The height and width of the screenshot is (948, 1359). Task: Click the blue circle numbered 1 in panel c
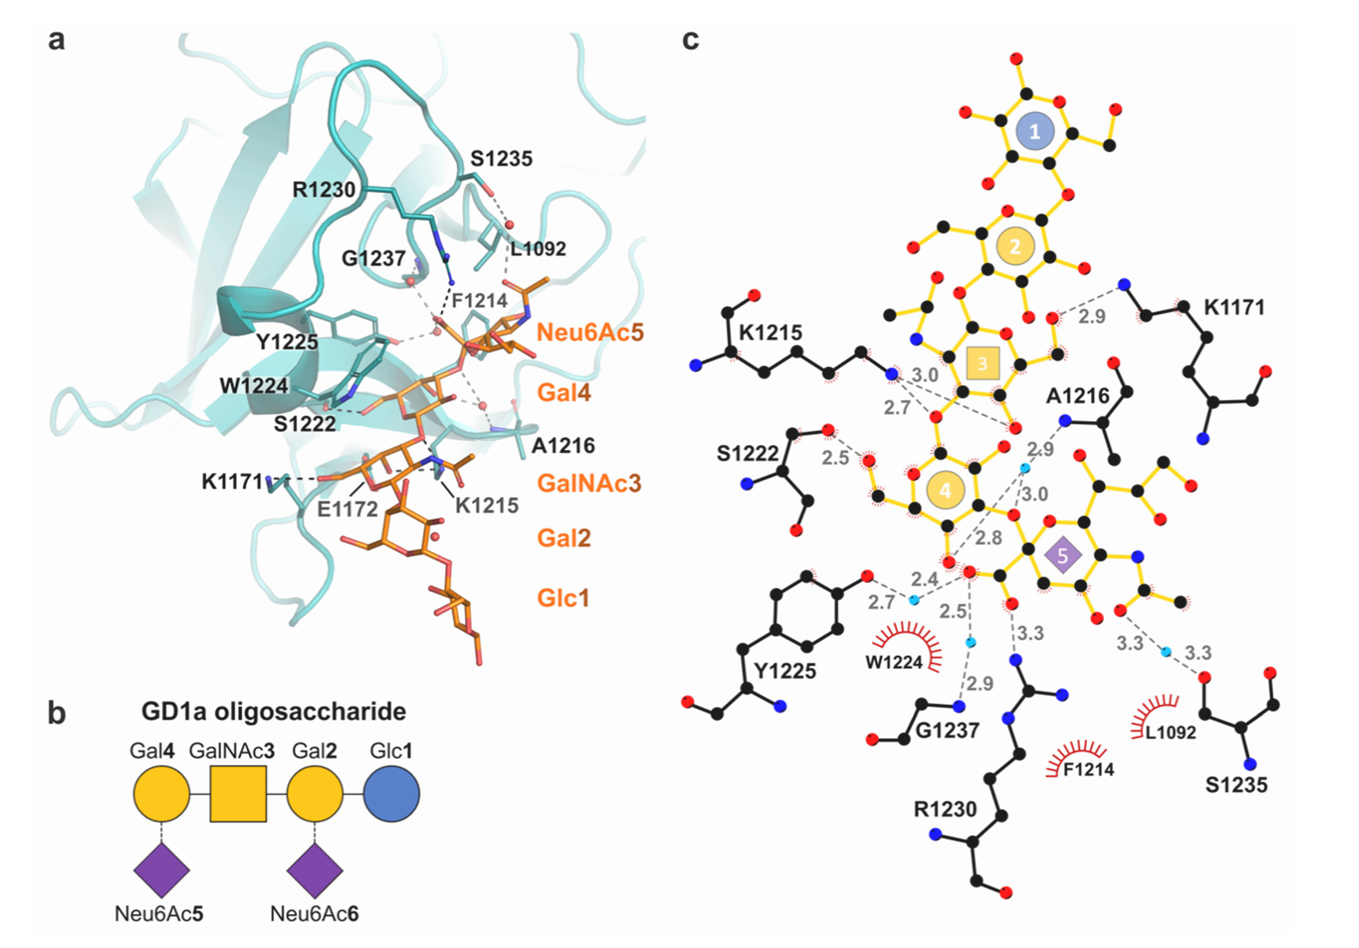(1034, 131)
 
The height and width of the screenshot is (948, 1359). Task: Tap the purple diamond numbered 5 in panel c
(1062, 555)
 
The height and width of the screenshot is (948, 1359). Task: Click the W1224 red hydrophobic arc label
(894, 662)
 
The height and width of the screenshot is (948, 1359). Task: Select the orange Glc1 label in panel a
(563, 598)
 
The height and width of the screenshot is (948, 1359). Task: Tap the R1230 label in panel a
(324, 190)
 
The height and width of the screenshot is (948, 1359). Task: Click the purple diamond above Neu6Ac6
(314, 870)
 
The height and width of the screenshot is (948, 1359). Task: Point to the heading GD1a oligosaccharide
(274, 711)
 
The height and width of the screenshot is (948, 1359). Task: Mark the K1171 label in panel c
(1234, 307)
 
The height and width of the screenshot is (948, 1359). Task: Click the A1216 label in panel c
(1077, 395)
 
